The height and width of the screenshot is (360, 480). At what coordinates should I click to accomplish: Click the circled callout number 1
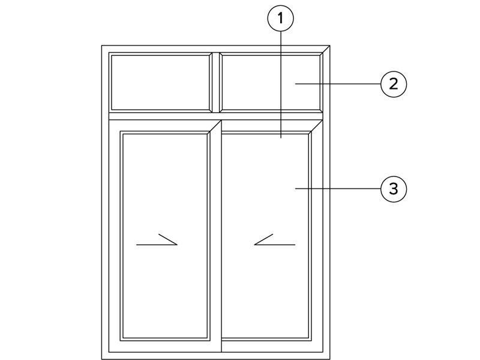(280, 19)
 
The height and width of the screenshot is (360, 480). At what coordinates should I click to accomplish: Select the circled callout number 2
(394, 84)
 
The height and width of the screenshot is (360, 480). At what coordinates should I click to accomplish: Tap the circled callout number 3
(394, 189)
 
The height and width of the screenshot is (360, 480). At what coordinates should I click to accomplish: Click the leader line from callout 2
(338, 83)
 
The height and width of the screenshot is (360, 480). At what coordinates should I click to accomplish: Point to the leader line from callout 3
(338, 188)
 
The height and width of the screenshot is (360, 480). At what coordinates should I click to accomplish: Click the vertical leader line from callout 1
(281, 85)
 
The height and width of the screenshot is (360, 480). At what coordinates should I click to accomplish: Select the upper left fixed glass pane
(160, 82)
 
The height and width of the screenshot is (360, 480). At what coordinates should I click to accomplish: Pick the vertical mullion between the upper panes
(216, 82)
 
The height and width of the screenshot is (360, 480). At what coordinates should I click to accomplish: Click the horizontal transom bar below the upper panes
(216, 116)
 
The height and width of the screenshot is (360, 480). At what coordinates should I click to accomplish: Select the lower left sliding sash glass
(165, 236)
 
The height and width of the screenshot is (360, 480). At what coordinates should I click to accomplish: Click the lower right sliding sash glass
(265, 236)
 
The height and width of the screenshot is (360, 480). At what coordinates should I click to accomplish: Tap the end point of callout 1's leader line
(281, 139)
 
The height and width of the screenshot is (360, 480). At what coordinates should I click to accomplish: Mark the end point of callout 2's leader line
(295, 83)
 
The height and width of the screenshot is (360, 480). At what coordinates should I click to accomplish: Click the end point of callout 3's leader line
(295, 188)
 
